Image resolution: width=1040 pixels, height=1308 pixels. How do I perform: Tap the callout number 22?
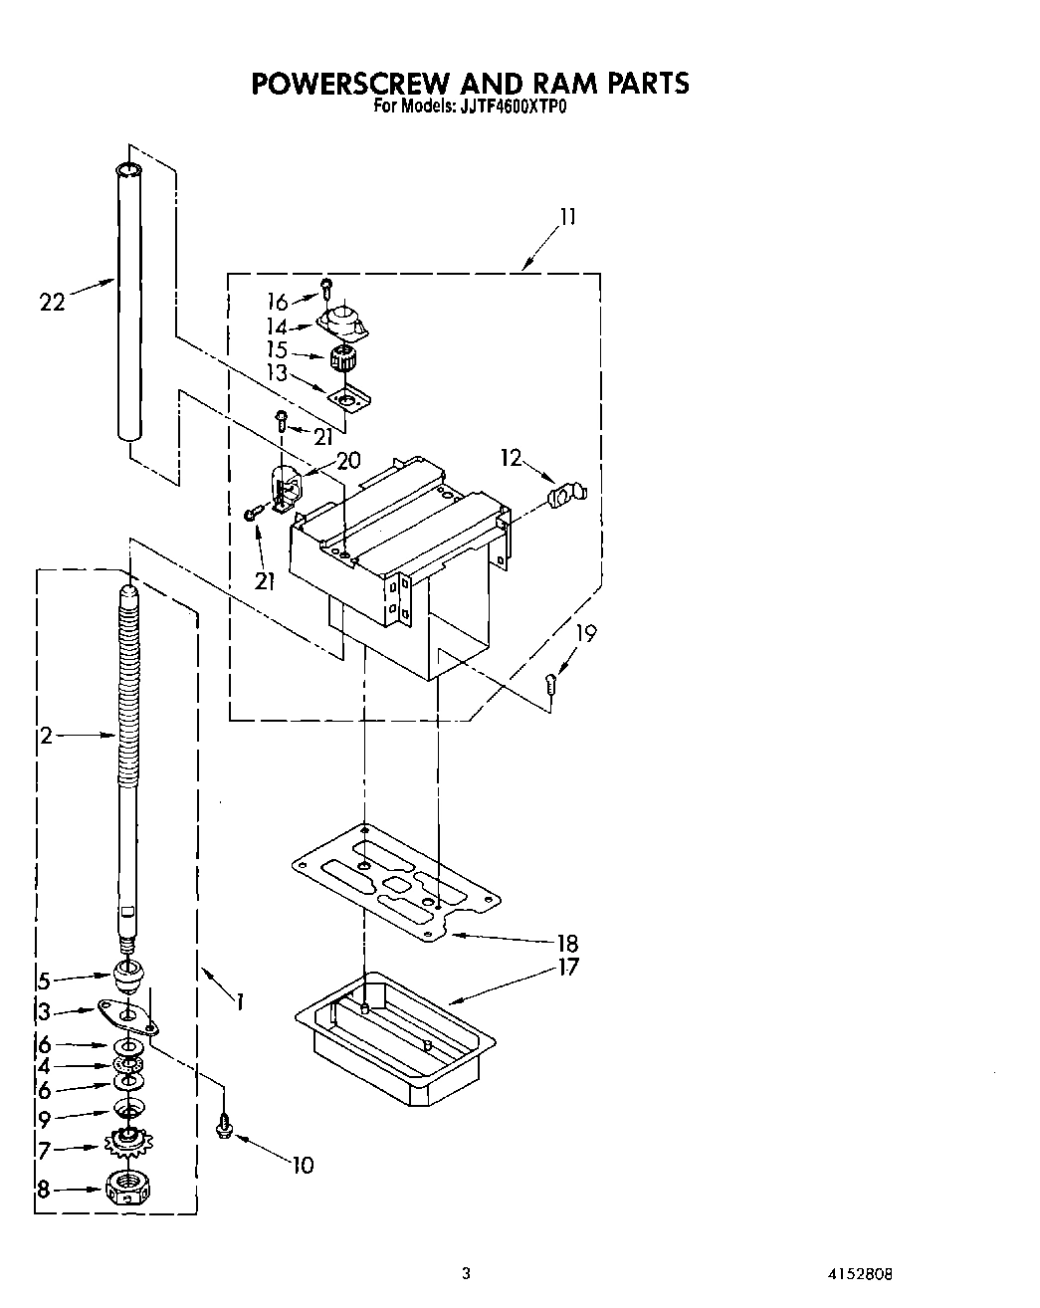pyautogui.click(x=52, y=301)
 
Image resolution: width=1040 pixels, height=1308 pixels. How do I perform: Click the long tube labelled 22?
pyautogui.click(x=127, y=299)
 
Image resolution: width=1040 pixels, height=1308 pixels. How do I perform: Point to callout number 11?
pyautogui.click(x=567, y=217)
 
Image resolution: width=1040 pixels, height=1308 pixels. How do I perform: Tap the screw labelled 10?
pyautogui.click(x=224, y=1125)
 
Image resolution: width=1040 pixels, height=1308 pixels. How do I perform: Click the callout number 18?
pyautogui.click(x=567, y=942)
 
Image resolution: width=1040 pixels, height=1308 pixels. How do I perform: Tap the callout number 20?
pyautogui.click(x=348, y=460)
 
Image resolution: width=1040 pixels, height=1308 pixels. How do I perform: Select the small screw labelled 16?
pyautogui.click(x=326, y=288)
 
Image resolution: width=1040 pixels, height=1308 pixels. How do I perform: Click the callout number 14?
pyautogui.click(x=277, y=327)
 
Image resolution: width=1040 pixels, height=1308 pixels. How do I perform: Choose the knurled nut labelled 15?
pyautogui.click(x=343, y=359)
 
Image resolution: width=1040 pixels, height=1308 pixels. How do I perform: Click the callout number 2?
pyautogui.click(x=46, y=736)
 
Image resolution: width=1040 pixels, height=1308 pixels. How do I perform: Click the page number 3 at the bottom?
pyautogui.click(x=465, y=1273)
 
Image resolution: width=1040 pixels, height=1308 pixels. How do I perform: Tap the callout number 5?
pyautogui.click(x=44, y=980)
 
